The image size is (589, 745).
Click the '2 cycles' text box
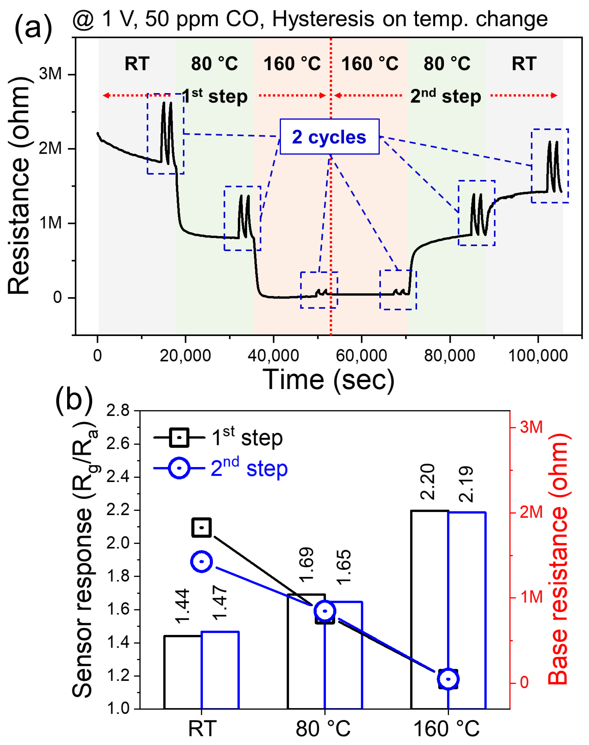click(x=329, y=137)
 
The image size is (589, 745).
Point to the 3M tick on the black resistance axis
click(x=50, y=74)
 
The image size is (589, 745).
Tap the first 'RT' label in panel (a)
click(x=137, y=64)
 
